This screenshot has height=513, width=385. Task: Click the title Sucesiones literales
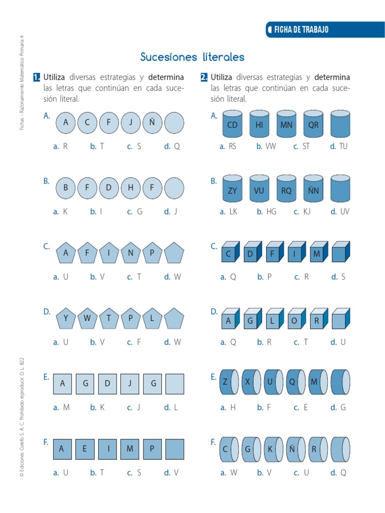(192, 57)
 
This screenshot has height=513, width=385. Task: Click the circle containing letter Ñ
(152, 123)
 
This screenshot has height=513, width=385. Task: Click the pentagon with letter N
(130, 253)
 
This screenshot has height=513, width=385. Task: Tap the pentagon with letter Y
(66, 318)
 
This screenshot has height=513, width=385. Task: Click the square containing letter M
(130, 449)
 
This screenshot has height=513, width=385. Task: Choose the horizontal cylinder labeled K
(271, 449)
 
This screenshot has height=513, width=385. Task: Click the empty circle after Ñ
(174, 123)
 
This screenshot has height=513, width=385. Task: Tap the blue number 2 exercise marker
(204, 77)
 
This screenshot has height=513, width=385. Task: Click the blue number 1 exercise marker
(37, 77)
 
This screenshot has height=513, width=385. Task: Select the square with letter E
(85, 449)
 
